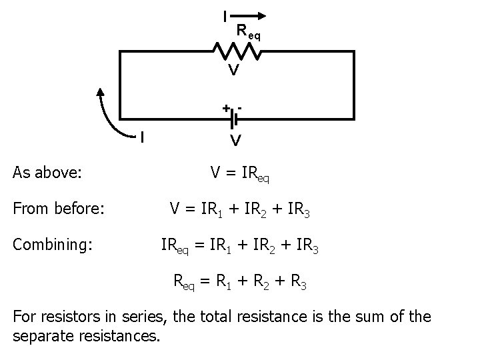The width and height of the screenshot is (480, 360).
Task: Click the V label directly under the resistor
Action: [233, 69]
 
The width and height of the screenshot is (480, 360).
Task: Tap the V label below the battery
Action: [235, 141]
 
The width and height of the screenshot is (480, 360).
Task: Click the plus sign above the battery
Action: [226, 107]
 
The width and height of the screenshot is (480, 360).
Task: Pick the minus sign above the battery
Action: [239, 106]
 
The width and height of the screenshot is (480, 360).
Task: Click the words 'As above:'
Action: [47, 173]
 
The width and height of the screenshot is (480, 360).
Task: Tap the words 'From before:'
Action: [59, 209]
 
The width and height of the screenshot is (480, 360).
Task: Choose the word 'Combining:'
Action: [53, 245]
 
